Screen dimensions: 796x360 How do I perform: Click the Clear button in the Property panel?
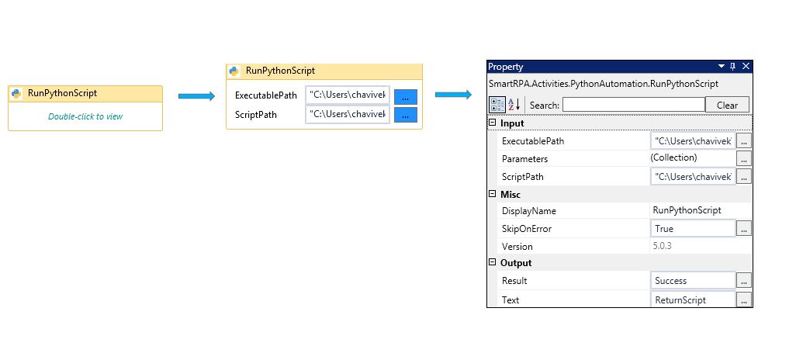point(727,105)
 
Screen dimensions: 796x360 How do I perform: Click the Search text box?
point(634,105)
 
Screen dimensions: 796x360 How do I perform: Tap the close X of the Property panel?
point(746,67)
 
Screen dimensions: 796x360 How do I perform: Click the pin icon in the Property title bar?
point(732,67)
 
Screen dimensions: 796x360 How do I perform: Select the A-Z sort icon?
point(514,105)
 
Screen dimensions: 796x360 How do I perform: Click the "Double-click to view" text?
point(85,116)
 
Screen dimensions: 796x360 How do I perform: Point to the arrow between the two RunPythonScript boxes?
point(196,96)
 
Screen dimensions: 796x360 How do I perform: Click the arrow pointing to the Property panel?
point(453,95)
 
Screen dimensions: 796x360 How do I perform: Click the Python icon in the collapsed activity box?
point(17,93)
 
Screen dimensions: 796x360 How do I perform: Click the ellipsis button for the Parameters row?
point(744,159)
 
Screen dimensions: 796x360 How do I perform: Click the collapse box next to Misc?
point(491,194)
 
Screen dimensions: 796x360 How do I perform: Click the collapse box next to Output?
point(491,262)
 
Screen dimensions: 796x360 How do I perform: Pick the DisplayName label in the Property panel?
point(528,211)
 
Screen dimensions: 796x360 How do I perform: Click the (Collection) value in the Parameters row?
point(673,157)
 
